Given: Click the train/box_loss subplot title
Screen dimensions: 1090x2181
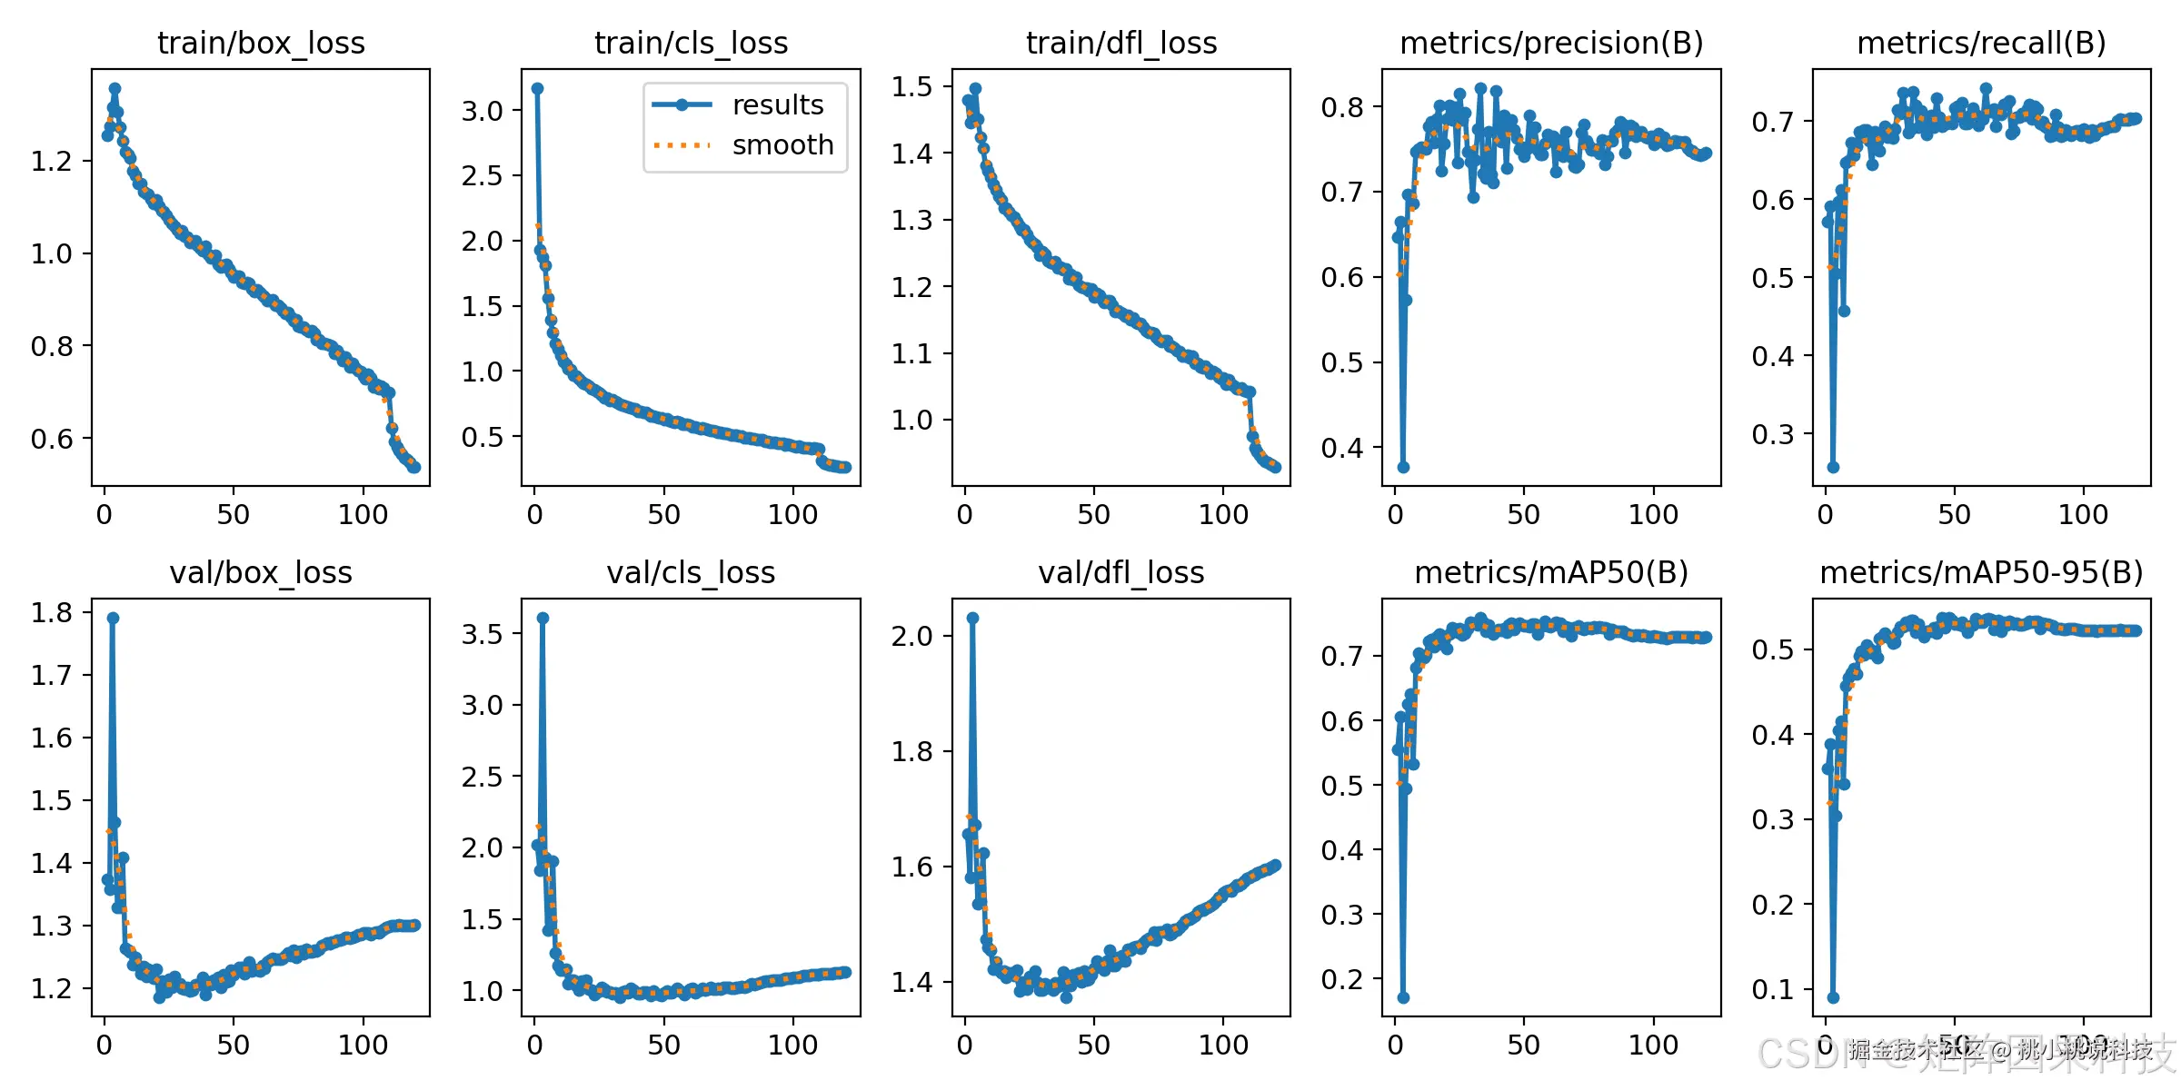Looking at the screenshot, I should (261, 43).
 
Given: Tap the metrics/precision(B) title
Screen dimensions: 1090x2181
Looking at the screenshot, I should (1551, 43).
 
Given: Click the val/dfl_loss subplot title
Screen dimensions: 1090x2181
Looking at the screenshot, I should (1120, 572).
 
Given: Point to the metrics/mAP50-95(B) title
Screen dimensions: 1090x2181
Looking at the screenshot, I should (1981, 572).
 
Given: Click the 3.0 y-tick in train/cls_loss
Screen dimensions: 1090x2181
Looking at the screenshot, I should (482, 111).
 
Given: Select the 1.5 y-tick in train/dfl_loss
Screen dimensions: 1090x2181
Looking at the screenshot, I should (911, 87).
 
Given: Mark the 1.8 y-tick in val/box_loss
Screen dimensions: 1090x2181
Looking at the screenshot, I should (52, 613).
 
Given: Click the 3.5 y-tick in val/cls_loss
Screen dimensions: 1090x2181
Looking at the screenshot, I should (482, 633).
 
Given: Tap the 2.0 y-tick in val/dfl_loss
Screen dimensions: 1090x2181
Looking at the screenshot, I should (911, 636).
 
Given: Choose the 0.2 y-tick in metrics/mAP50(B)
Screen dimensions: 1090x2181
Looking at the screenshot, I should (1342, 979).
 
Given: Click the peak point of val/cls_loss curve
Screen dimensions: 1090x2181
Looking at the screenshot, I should (543, 618).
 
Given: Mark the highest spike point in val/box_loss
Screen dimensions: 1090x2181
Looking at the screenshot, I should (113, 618).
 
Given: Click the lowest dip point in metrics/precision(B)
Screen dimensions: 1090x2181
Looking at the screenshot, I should (1403, 467).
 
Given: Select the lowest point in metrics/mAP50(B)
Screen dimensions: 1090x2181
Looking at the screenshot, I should (1403, 997).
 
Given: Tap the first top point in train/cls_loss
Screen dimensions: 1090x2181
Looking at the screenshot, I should (537, 88).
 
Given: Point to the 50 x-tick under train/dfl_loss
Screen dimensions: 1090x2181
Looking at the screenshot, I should (1093, 515).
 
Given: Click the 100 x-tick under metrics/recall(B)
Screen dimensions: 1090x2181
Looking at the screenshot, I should (2083, 515).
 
